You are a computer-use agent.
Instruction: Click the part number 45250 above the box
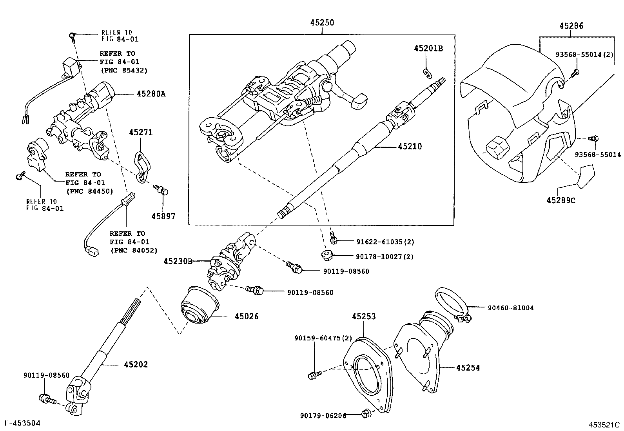[322, 23]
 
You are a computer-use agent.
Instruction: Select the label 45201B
[428, 48]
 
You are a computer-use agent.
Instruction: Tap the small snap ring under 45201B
[428, 72]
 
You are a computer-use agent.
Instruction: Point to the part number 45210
[410, 146]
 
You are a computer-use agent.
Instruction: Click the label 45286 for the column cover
[571, 26]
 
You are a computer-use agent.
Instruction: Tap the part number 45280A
[151, 94]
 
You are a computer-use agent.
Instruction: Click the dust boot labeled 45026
[198, 307]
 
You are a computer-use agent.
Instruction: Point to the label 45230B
[178, 261]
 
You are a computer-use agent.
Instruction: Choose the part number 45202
[136, 364]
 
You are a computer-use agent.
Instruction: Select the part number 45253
[363, 316]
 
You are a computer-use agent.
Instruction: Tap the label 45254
[468, 367]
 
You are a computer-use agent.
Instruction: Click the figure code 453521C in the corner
[604, 424]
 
